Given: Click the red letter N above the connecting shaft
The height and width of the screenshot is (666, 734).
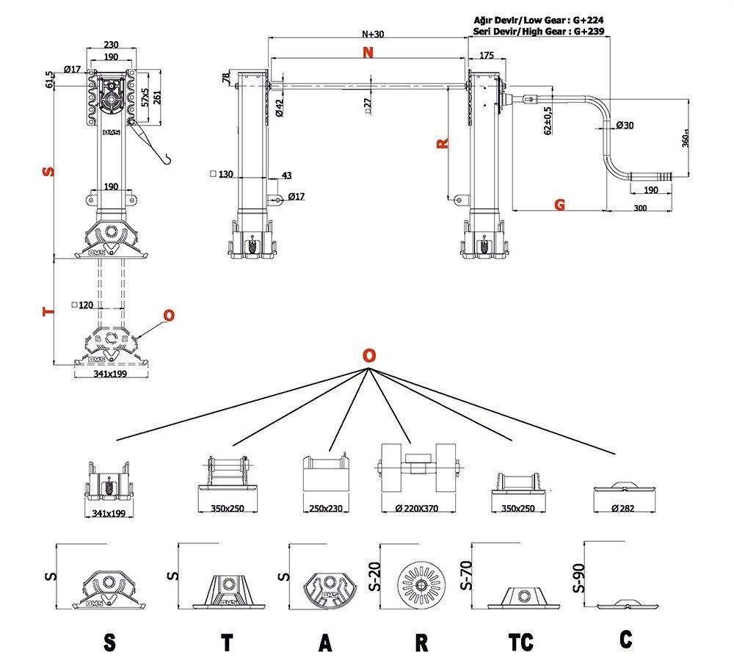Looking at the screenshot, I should pos(368,52).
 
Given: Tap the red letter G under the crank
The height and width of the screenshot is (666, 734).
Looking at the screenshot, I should pos(560,206).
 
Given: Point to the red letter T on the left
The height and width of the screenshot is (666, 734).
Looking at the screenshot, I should pos(48,311).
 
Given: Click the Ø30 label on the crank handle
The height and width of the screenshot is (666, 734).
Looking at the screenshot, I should pos(625,126).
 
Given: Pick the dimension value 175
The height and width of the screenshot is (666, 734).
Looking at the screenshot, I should pos(485,56).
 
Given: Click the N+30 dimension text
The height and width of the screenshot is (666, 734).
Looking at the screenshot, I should pos(372,34).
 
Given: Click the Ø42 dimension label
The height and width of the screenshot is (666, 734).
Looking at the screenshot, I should pos(280,108).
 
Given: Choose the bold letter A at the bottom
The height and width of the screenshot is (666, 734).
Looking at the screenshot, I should pos(325,643).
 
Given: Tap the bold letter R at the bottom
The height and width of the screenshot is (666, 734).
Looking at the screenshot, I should pos(421,643).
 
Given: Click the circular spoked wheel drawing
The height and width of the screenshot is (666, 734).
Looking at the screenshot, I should pos(421,585).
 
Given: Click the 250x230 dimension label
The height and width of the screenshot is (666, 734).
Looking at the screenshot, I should pos(326,508).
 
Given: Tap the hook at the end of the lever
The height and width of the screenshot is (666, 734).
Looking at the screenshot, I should pos(167,156).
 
